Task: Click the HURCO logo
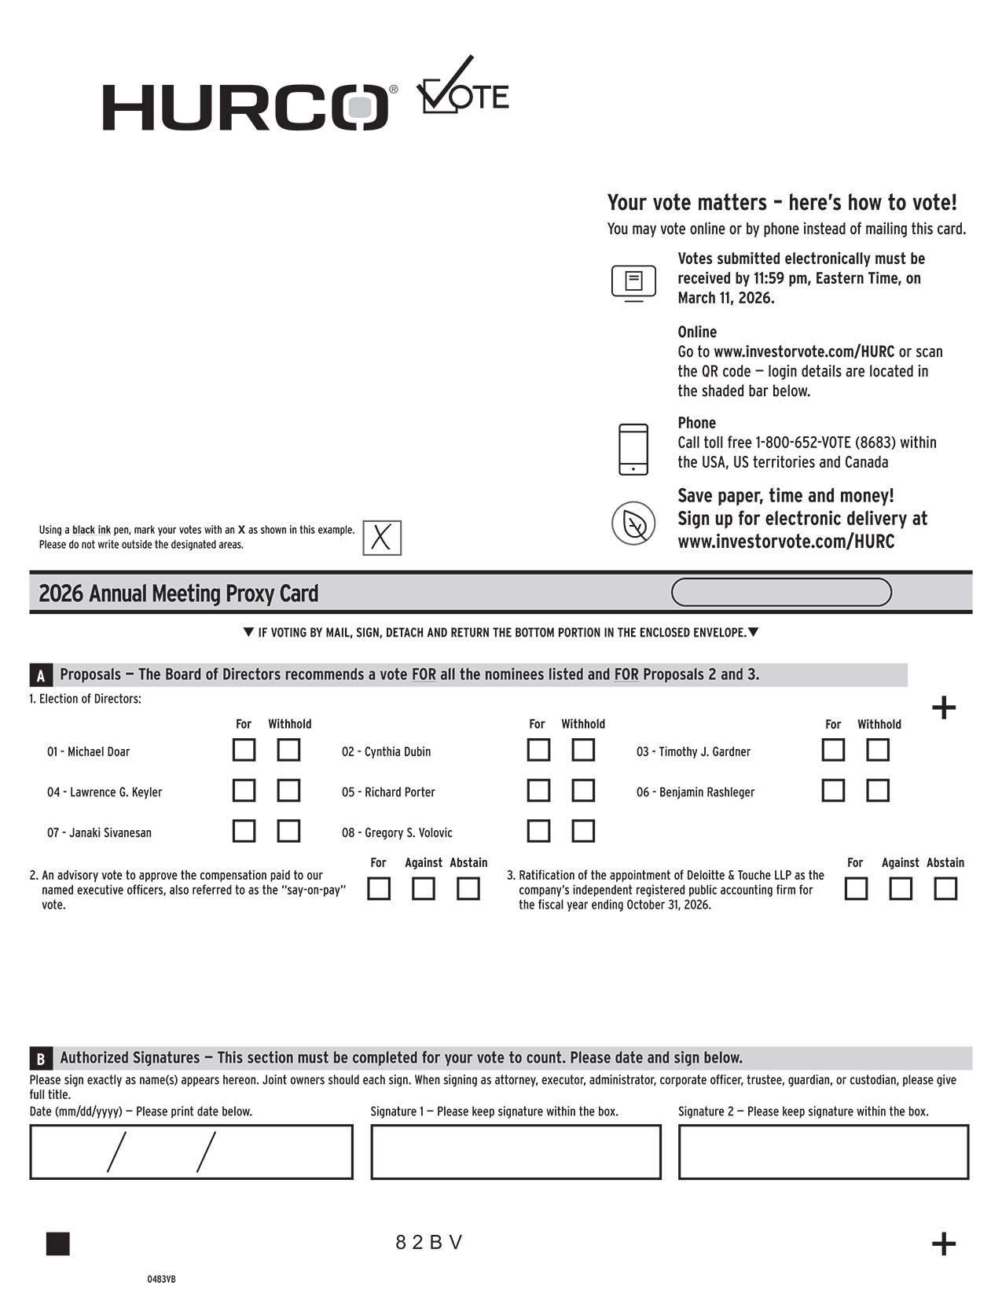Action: pos(245,107)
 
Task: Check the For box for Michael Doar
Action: pos(244,750)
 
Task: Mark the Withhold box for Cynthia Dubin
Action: pos(583,750)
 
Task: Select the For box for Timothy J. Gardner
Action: pos(833,750)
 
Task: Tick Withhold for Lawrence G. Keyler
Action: pos(288,790)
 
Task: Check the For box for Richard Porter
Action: pos(538,790)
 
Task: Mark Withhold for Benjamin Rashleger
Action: pos(878,790)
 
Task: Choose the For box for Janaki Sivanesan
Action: pos(244,831)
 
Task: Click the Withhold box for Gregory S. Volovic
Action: pos(583,831)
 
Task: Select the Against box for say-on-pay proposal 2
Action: pos(424,889)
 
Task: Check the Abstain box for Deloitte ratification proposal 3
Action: pos(945,889)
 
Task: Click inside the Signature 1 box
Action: pos(516,1152)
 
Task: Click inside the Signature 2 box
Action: pos(824,1152)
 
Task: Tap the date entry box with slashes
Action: pos(191,1152)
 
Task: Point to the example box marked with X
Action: pos(382,538)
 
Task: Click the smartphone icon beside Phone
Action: pos(633,450)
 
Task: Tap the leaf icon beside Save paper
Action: pos(633,524)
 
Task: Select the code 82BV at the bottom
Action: pos(429,1243)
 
